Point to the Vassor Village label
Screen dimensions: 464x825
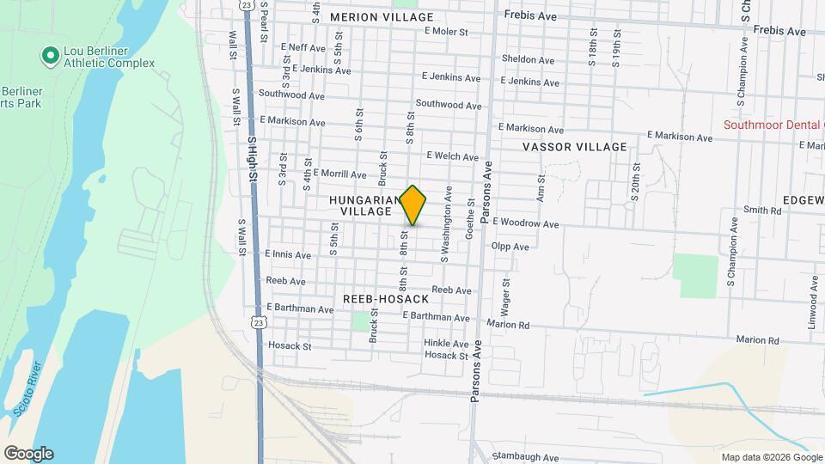click(575, 147)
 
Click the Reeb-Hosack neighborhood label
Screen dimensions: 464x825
click(385, 298)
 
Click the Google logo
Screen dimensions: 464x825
click(28, 453)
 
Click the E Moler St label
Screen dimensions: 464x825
click(445, 32)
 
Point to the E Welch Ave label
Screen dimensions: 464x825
click(452, 156)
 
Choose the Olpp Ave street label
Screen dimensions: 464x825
click(510, 247)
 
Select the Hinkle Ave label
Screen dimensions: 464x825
click(445, 343)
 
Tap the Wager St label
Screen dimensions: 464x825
click(505, 294)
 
